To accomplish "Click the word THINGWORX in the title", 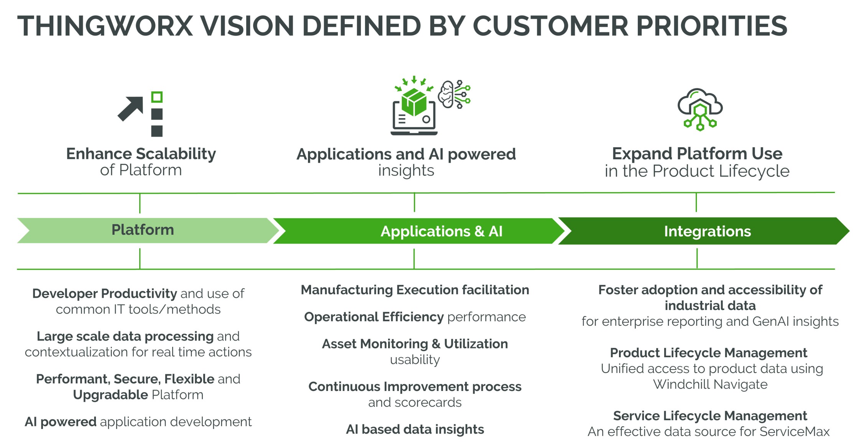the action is click(x=105, y=26).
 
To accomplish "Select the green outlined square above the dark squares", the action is click(x=157, y=97).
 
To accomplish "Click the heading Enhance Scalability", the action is click(x=141, y=154).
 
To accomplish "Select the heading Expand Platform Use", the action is click(x=697, y=153).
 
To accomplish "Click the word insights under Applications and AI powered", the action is click(x=406, y=170).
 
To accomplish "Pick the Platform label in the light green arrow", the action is click(x=143, y=230).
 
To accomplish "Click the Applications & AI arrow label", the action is click(x=441, y=231).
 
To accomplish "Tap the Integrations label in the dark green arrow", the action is click(x=708, y=231).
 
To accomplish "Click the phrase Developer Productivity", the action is click(x=105, y=294).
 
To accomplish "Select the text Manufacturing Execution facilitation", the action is click(x=415, y=290).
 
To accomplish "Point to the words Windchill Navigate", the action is click(x=710, y=384).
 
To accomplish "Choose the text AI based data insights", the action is click(x=415, y=429).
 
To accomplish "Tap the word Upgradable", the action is click(x=111, y=395).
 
